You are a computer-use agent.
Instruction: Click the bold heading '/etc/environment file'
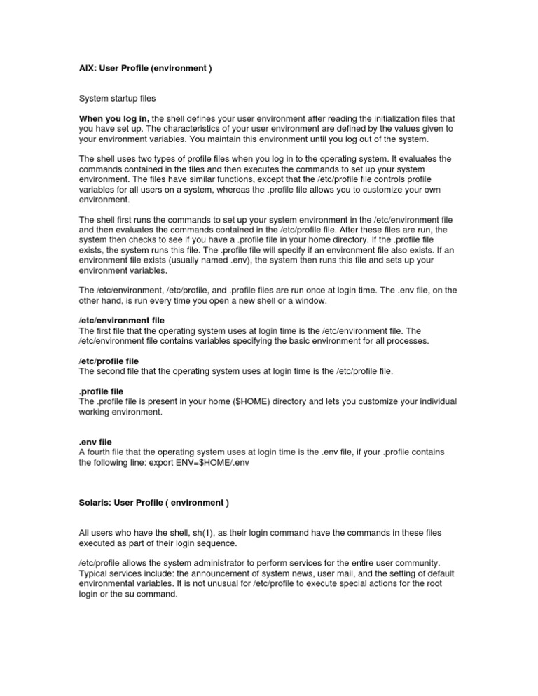[x=122, y=320]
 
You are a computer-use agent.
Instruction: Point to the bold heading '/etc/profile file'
[x=109, y=361]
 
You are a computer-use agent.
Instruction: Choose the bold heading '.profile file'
[x=103, y=391]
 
